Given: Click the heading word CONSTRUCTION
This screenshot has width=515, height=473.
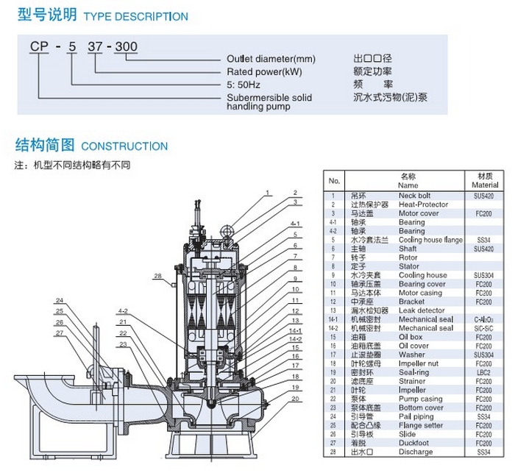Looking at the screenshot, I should tap(124, 146).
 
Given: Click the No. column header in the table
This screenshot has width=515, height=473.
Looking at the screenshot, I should tap(334, 181).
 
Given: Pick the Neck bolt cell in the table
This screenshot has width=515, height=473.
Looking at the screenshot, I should tap(415, 196).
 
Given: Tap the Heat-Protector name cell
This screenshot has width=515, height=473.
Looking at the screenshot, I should tap(423, 205).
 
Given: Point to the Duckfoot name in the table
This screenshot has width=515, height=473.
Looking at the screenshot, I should tap(413, 443).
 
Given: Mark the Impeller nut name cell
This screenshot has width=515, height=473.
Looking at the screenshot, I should tap(420, 363).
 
